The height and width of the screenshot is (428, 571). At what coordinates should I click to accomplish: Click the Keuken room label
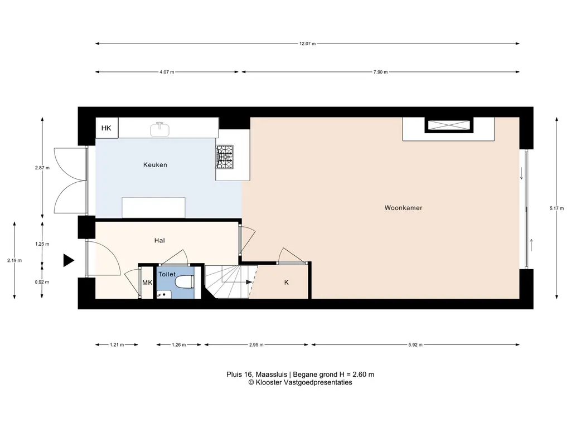155,165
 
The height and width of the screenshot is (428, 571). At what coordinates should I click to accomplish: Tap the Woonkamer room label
404,208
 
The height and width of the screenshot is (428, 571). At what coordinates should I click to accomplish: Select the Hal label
159,241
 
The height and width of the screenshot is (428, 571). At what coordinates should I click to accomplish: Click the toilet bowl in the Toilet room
184,282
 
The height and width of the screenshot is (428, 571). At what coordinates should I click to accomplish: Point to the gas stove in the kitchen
224,157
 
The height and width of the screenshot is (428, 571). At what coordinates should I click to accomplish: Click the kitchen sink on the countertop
159,129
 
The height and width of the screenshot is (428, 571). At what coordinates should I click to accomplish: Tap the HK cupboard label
107,128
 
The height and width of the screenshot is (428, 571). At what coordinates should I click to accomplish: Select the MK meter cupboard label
147,283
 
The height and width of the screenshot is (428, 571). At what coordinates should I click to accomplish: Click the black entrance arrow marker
69,261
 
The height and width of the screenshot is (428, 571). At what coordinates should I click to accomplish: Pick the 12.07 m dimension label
307,43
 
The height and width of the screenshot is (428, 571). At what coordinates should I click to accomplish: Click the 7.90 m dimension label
380,72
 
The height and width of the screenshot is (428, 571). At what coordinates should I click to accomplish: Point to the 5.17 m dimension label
557,208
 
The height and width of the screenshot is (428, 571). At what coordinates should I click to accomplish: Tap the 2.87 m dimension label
42,168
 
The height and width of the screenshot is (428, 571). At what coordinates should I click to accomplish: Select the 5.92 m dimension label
415,345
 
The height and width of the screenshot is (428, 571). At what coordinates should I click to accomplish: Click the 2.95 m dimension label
256,345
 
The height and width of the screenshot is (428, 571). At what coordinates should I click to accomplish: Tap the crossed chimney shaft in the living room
449,125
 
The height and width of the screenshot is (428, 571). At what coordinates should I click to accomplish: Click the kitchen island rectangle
153,207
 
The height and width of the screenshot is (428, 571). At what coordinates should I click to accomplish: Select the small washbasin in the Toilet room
164,294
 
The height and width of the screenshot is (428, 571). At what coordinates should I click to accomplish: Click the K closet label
286,283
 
